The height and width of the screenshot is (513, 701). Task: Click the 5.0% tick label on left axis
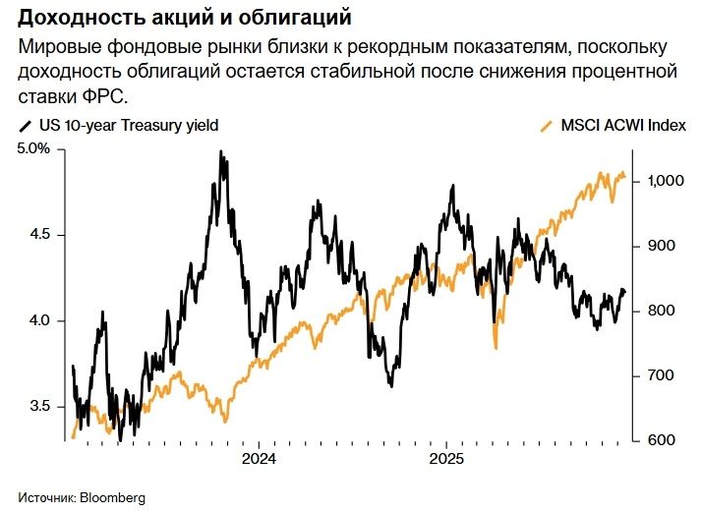click(31, 149)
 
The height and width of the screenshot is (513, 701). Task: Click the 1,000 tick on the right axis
click(664, 182)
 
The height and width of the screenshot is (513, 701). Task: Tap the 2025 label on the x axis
click(446, 460)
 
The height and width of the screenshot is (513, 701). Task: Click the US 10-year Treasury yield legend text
click(128, 126)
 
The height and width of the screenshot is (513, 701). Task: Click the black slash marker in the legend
click(25, 126)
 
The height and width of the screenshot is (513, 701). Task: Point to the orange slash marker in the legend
click(547, 126)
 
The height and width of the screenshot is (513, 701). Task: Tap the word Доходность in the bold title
click(73, 19)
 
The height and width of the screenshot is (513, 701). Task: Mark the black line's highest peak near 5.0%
click(221, 152)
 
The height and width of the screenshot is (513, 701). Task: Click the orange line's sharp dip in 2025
click(496, 347)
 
